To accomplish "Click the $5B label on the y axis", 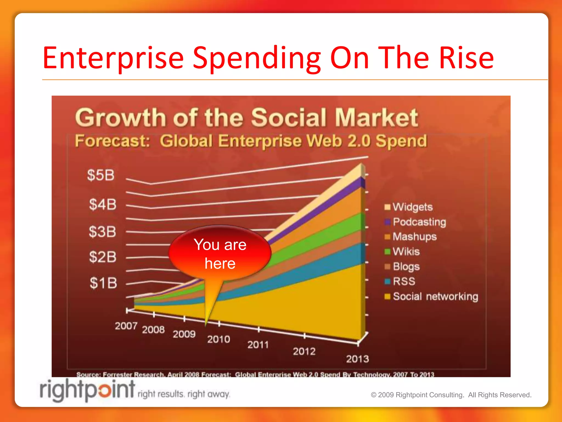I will coord(101,175).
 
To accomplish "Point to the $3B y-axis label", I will coord(102,232).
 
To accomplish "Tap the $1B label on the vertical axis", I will coord(103,283).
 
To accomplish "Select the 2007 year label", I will coord(126,326).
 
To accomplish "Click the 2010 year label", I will coord(218,340).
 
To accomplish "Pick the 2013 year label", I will coord(357,359).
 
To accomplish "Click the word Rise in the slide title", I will coord(466,58).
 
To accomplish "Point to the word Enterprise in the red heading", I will coord(113,58).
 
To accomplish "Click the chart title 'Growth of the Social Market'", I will coord(246,118).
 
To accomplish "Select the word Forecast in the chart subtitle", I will coord(113,141).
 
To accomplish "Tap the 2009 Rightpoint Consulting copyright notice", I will coord(451,395).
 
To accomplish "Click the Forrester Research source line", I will coord(255,374).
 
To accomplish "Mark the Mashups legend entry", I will coord(414,237).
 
